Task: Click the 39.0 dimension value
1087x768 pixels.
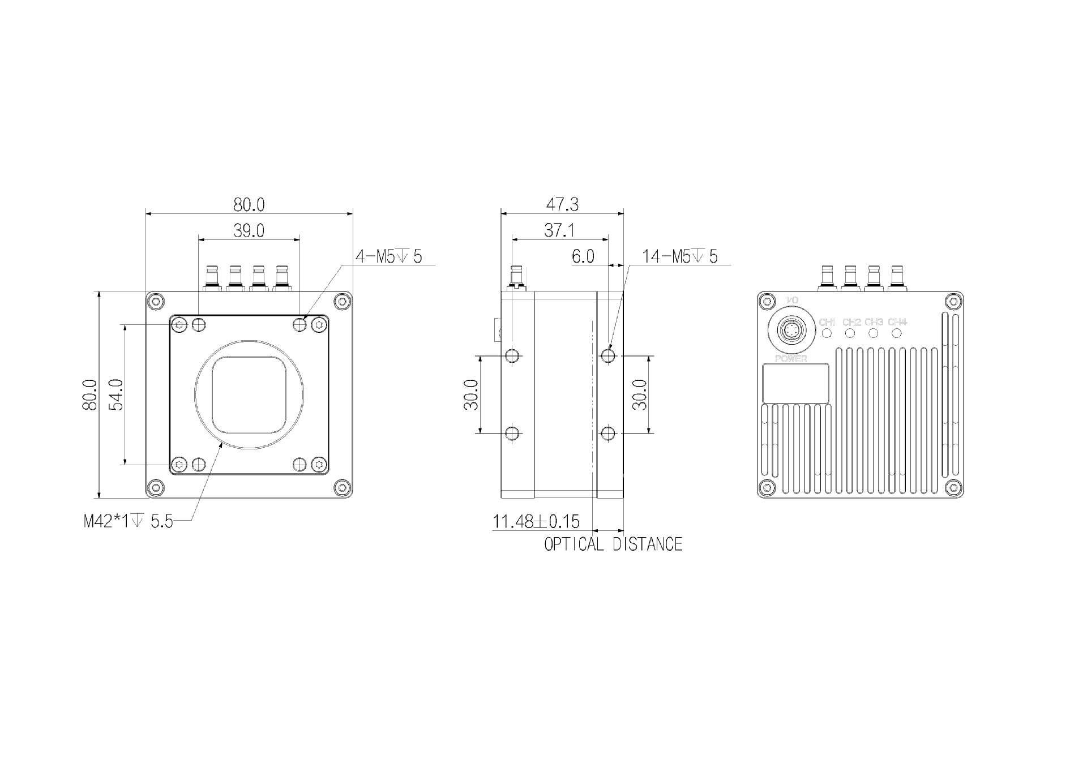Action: (249, 231)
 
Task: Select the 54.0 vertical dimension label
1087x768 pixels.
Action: (115, 394)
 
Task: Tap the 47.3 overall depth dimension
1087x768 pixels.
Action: (562, 204)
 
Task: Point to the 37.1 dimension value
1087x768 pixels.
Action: (559, 230)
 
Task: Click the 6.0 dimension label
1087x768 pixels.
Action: (583, 257)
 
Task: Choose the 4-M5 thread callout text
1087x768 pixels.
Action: (388, 256)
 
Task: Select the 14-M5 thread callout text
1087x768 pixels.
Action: (679, 256)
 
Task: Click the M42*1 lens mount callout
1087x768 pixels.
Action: (129, 521)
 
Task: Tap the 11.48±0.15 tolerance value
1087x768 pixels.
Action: (536, 521)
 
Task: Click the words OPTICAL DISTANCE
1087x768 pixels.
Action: (613, 544)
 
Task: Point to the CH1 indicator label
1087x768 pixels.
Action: (827, 322)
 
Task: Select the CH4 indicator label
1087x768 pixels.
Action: (897, 322)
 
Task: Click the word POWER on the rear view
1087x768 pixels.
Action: (791, 359)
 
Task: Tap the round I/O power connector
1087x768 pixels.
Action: (791, 330)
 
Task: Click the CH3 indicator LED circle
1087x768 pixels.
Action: (874, 333)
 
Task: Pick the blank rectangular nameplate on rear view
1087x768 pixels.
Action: (795, 383)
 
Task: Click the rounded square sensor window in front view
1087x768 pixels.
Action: (249, 394)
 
